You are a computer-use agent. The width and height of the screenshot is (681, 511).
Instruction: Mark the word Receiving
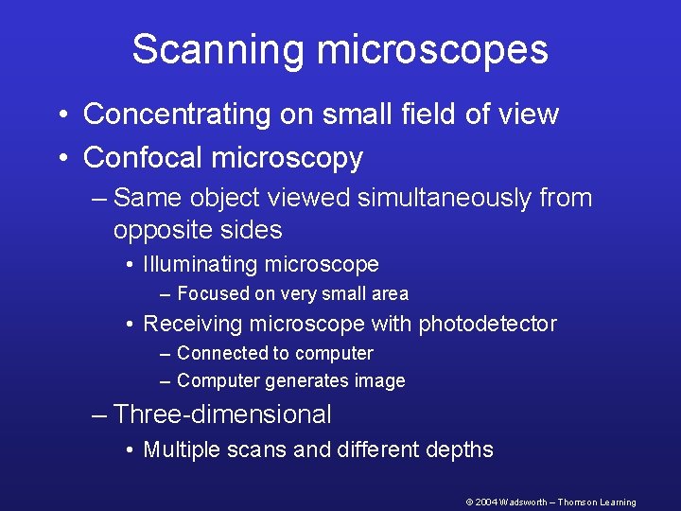(192, 325)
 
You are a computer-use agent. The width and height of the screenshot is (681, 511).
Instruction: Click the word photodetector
(488, 325)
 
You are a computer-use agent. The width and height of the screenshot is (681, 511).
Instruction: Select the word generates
(307, 381)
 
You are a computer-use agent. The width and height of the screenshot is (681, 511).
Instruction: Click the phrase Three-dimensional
(222, 414)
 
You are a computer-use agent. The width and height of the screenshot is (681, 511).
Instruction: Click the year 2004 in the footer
(484, 502)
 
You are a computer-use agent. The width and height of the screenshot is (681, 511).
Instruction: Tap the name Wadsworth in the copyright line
(521, 502)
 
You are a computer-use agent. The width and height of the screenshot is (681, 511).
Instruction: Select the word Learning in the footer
(619, 502)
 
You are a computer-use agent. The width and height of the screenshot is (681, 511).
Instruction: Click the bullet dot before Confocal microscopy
(61, 158)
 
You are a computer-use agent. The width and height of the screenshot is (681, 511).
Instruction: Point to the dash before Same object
(100, 199)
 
